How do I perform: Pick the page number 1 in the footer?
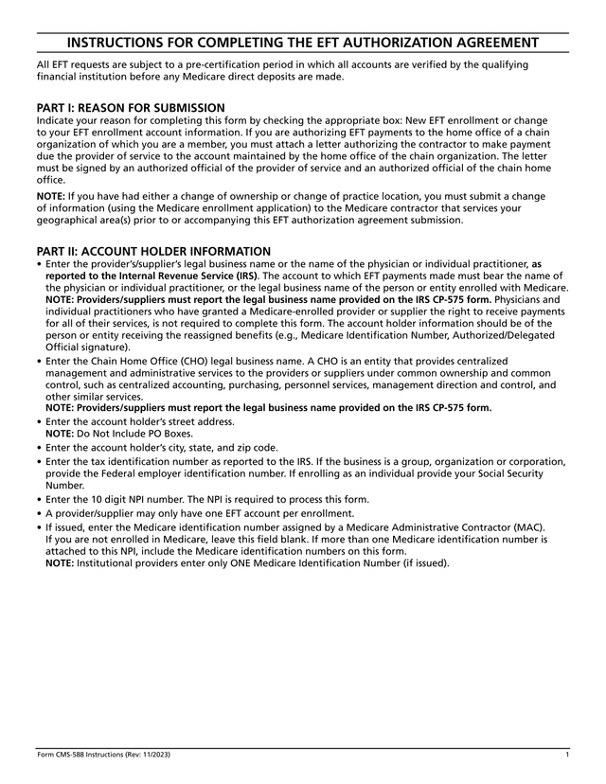pos(566,754)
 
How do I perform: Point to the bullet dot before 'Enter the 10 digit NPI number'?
pos(39,500)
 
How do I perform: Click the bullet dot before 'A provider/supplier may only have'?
pos(39,513)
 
